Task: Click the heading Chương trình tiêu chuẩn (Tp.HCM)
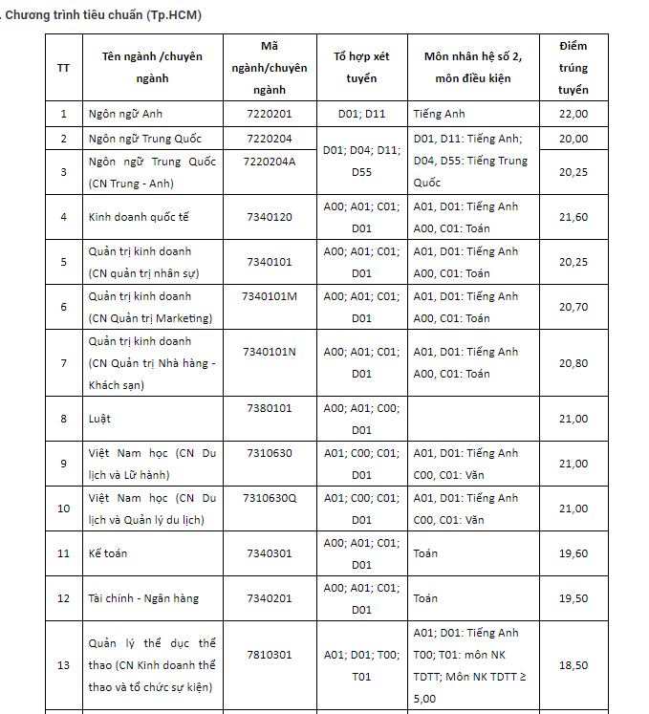[103, 15]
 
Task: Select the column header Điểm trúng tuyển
[573, 68]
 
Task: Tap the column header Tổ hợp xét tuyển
[361, 68]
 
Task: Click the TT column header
[63, 68]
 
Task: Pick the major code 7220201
[270, 114]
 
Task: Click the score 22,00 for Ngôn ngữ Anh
[573, 114]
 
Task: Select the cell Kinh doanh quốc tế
[139, 217]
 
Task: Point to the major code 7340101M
[270, 295]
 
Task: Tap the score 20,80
[573, 363]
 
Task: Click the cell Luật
[99, 419]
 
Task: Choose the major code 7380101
[270, 408]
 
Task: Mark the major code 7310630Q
[270, 498]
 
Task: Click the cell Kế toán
[108, 553]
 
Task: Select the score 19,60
[573, 553]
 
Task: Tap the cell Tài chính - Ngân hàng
[143, 598]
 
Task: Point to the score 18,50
[573, 665]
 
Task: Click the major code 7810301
[270, 655]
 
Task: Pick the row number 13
[63, 665]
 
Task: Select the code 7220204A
[270, 161]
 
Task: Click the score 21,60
[573, 217]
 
